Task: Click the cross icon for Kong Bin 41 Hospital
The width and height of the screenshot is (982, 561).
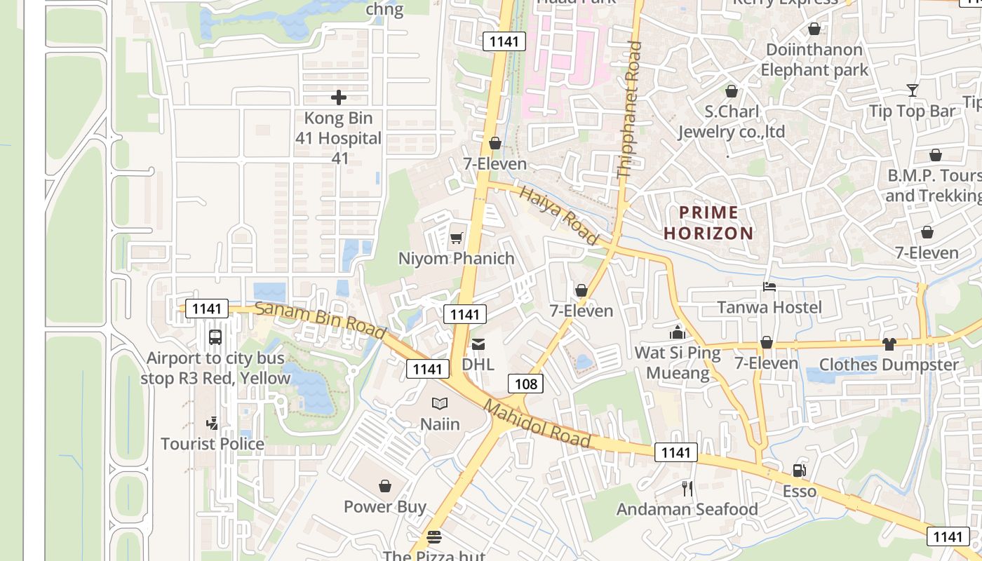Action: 339,97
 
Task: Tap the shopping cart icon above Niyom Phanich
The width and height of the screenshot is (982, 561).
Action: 457,238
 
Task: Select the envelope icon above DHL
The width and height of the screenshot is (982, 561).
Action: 478,344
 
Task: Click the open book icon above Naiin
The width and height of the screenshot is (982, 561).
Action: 440,403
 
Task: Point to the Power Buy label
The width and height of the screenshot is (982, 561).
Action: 385,506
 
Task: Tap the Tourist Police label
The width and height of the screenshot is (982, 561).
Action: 213,444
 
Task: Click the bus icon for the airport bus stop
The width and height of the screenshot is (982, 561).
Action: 215,337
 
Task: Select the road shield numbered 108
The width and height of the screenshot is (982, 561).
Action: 525,383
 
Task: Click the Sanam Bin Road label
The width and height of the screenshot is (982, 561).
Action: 320,319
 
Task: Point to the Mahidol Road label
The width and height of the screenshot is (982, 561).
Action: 537,424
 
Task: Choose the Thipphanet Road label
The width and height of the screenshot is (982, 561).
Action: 628,109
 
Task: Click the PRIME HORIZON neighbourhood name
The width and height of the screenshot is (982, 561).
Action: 708,223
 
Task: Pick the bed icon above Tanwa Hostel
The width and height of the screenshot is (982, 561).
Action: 769,287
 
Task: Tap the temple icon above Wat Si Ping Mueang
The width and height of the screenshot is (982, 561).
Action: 678,332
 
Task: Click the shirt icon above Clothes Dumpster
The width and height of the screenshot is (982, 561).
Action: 889,344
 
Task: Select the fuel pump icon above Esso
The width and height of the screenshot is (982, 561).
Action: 799,471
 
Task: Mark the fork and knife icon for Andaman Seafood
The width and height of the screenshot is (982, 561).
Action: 687,488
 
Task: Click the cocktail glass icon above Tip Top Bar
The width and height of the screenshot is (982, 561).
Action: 912,90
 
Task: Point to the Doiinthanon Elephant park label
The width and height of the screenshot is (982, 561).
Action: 814,60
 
